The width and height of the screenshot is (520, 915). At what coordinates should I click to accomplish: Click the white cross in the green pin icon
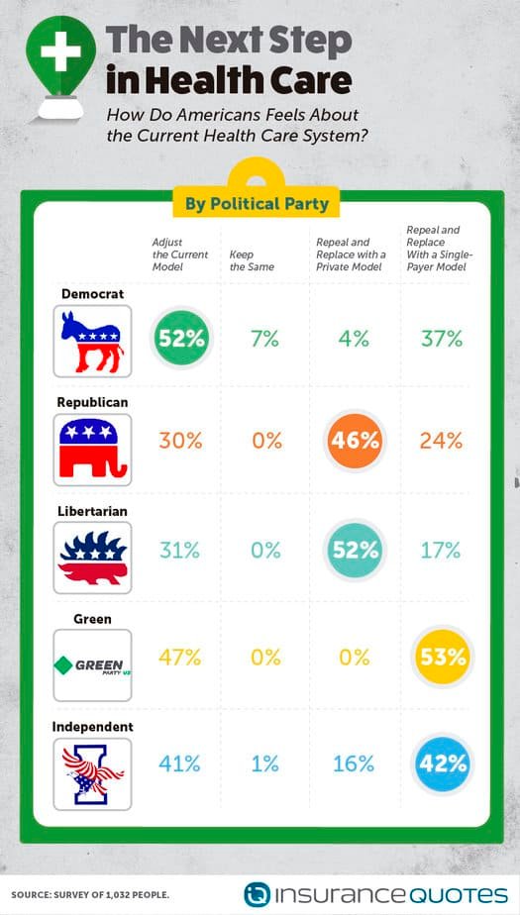(x=60, y=51)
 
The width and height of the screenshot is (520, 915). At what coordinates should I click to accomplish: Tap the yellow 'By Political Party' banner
(x=257, y=204)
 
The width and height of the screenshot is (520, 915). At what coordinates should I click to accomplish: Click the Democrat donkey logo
(x=92, y=342)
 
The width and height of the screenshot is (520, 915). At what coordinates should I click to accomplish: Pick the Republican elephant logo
(x=92, y=450)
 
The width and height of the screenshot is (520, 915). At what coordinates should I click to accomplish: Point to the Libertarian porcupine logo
(x=92, y=558)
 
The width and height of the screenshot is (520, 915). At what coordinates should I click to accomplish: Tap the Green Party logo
(x=92, y=665)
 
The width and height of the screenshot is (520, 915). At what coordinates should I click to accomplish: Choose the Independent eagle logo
(x=92, y=773)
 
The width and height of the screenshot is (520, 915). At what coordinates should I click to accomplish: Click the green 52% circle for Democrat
(x=181, y=339)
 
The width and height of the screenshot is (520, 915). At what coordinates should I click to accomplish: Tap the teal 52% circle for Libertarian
(x=355, y=550)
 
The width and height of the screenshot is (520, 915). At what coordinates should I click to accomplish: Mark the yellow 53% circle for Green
(x=442, y=658)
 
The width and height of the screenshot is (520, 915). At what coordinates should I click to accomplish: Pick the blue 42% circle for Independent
(x=442, y=763)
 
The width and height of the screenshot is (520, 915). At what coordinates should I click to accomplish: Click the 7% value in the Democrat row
(x=265, y=339)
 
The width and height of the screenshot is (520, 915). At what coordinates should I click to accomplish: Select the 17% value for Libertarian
(x=441, y=550)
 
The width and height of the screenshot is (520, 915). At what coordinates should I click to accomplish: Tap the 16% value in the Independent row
(x=353, y=763)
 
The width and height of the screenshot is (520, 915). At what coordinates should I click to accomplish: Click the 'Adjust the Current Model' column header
(x=179, y=254)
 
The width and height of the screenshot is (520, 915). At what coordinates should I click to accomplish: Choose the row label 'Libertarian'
(x=92, y=511)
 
